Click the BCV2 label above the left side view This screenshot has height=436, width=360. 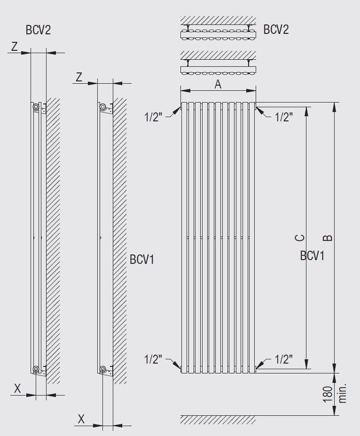coord(39,30)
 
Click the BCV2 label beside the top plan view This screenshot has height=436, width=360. coord(276,29)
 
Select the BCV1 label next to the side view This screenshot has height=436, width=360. coord(142,260)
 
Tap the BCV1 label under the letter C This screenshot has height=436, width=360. coord(312,255)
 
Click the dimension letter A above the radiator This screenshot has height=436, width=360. coord(218,84)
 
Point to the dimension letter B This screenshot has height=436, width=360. coord(328,238)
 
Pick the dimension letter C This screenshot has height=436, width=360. coord(299,238)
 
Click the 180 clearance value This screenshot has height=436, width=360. coord(328,394)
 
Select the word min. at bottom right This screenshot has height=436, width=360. coord(343,394)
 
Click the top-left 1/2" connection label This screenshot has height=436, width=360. coord(153,117)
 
